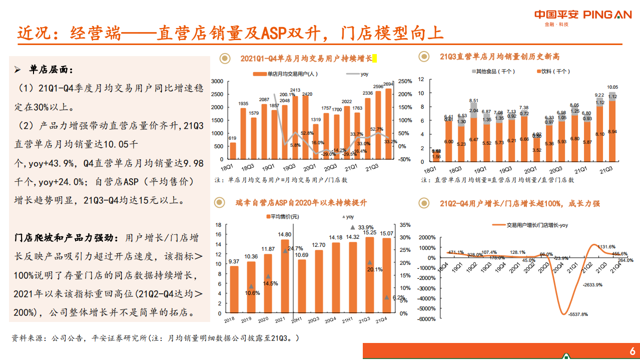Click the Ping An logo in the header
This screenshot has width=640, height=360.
[583, 15]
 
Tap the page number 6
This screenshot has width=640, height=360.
[632, 350]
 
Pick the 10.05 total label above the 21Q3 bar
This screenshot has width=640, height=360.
[612, 87]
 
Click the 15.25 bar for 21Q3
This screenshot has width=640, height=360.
[369, 275]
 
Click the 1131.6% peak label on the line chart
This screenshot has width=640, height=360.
[605, 246]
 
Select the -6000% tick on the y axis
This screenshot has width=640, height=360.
[426, 319]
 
